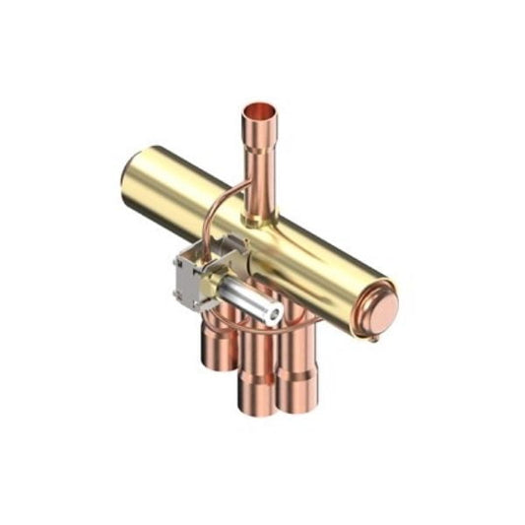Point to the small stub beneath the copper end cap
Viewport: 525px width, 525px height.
(x=375, y=339)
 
